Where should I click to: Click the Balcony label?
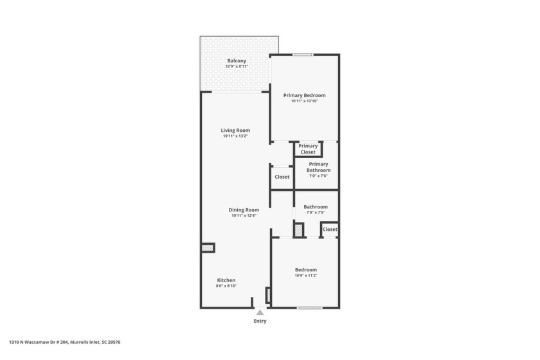237,61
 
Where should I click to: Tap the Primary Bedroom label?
304,95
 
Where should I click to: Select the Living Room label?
236,130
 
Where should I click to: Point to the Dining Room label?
244,210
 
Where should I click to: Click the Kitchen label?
226,280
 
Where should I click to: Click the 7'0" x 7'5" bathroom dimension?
316,213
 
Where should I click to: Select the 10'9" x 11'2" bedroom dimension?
306,276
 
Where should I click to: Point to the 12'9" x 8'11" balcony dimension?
237,67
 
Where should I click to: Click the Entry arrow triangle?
260,313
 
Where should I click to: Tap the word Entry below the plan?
260,321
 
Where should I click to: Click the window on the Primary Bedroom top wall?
303,55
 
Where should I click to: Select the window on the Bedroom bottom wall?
309,308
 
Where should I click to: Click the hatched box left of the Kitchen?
208,247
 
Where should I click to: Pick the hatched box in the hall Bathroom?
298,230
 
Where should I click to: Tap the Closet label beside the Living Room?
282,177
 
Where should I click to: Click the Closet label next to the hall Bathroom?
330,230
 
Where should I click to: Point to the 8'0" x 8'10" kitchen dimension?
226,286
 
